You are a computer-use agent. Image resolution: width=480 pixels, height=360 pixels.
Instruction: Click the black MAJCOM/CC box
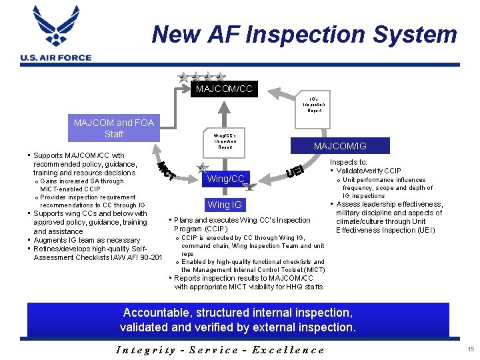224,89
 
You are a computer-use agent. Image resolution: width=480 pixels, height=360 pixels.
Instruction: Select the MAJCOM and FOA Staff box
114,128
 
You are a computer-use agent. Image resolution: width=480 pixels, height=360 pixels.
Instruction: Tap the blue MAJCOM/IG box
340,146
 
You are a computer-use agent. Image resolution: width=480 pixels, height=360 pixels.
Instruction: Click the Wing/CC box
226,178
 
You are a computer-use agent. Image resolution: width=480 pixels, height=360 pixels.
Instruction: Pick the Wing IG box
225,205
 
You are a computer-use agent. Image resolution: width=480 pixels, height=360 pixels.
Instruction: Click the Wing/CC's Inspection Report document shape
225,142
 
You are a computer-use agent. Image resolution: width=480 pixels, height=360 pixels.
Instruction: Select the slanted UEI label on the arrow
295,171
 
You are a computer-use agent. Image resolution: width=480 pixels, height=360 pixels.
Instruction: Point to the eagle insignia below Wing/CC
249,187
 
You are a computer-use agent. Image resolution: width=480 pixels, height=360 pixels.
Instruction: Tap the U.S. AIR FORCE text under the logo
56,58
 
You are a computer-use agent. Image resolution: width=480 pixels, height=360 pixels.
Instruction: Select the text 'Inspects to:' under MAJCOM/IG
349,162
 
